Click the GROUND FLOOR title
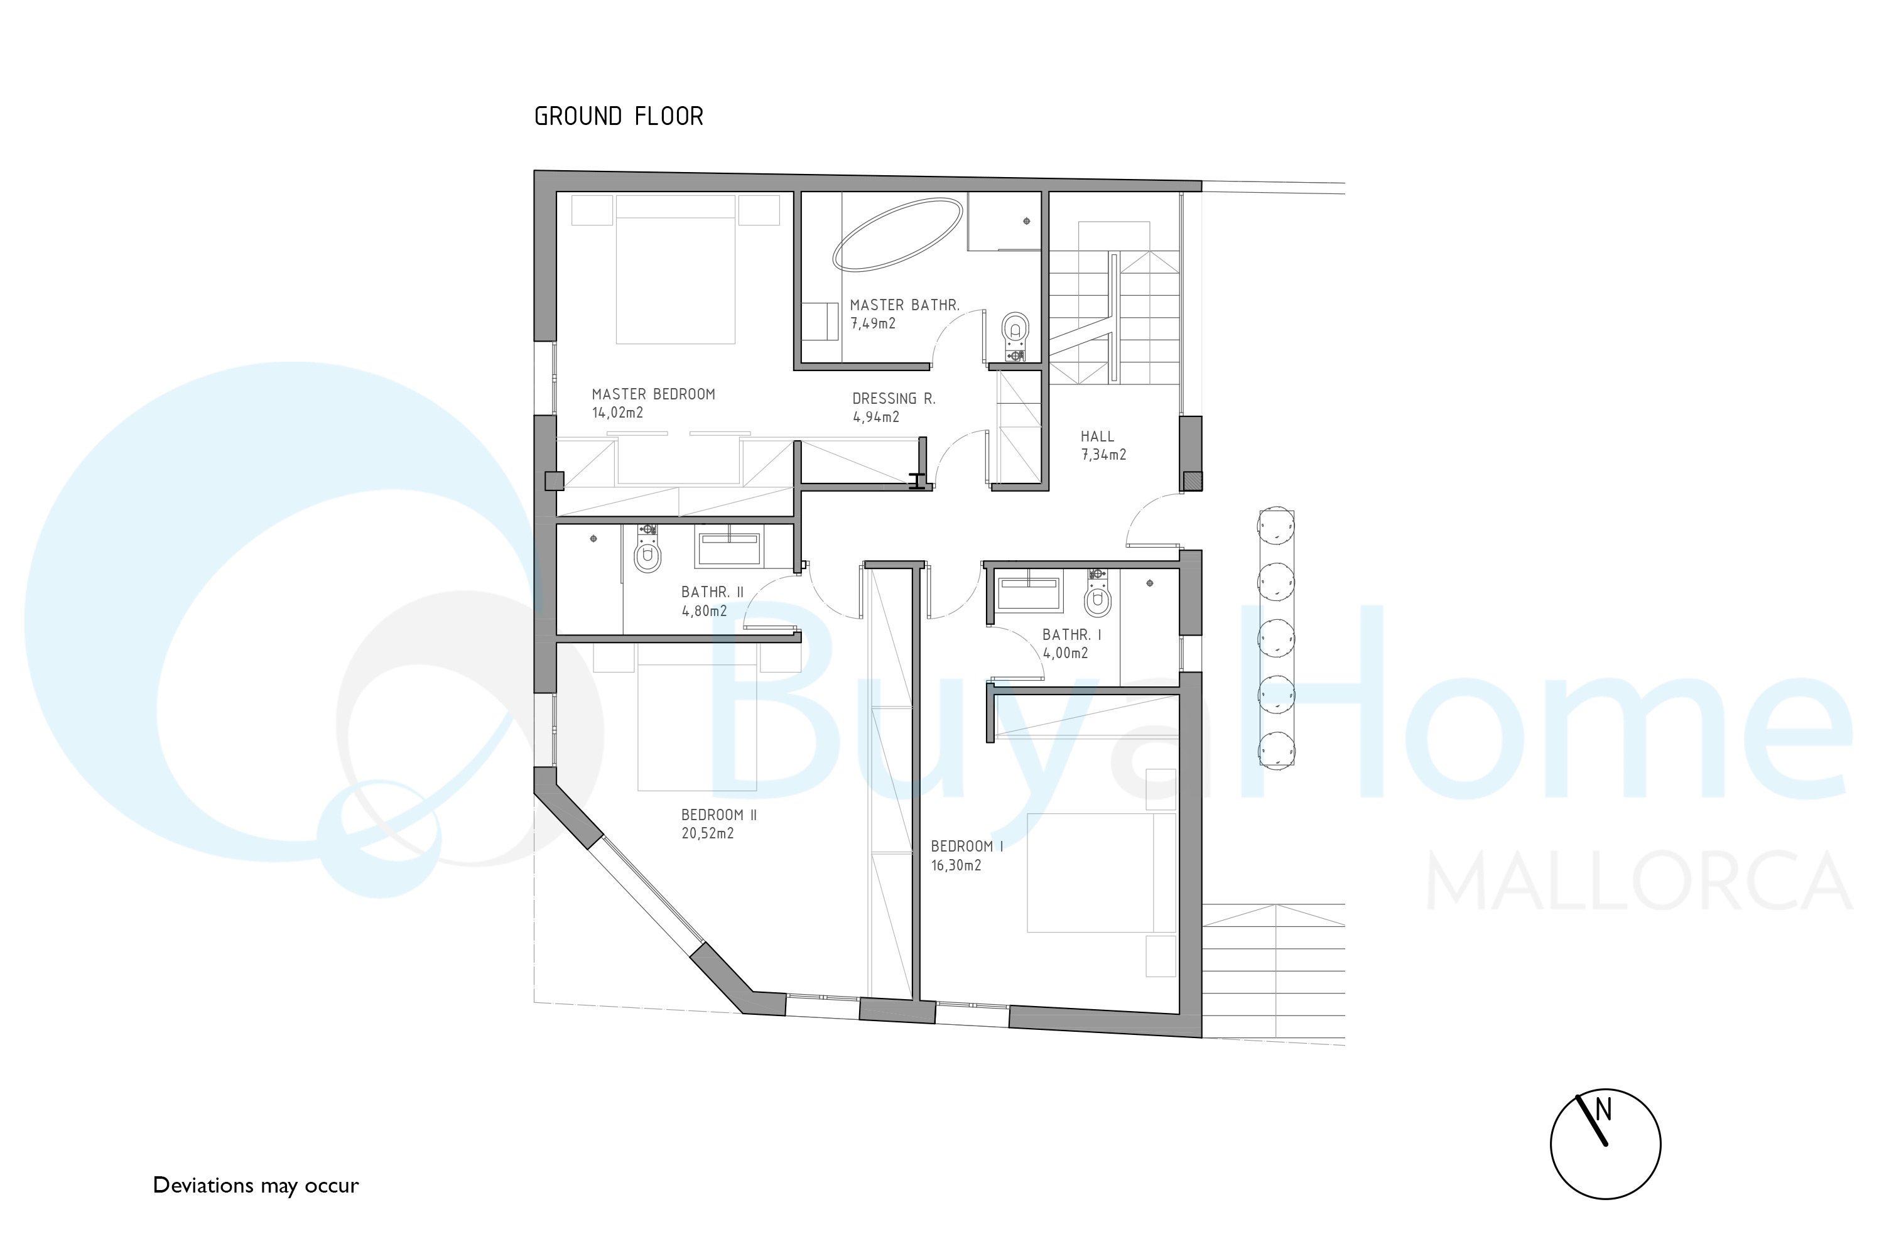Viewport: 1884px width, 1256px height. [x=619, y=117]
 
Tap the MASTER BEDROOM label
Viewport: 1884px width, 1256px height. [x=653, y=394]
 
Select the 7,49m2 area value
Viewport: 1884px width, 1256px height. [x=872, y=323]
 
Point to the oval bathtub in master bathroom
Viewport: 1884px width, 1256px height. [x=897, y=234]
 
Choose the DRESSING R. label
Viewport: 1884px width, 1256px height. [x=893, y=398]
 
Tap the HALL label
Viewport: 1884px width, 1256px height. [x=1096, y=436]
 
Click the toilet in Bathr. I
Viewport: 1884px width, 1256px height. [x=1097, y=593]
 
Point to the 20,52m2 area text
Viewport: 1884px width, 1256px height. [x=707, y=833]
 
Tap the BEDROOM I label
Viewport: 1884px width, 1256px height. [x=967, y=846]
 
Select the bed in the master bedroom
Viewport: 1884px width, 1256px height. [x=675, y=270]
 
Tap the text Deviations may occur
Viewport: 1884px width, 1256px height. [x=256, y=1186]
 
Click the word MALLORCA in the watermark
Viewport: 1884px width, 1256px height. [x=1638, y=882]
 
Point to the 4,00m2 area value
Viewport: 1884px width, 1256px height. [x=1065, y=653]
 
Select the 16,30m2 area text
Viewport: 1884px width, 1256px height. [x=956, y=865]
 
